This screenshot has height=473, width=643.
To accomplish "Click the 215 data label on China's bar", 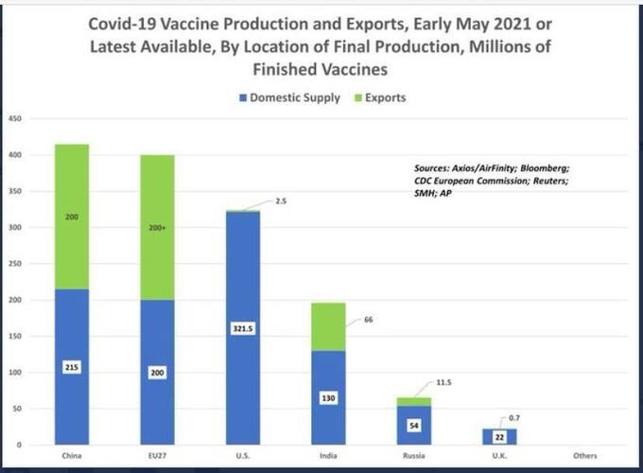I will pyautogui.click(x=73, y=366).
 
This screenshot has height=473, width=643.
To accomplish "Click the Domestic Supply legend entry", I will pyautogui.click(x=290, y=98).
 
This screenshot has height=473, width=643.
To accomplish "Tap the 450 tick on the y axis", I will pyautogui.click(x=15, y=118).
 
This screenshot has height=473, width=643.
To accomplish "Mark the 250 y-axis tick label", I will pyautogui.click(x=15, y=264).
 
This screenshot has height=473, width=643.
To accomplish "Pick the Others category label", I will pyautogui.click(x=585, y=457).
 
